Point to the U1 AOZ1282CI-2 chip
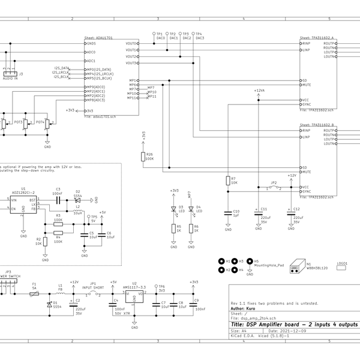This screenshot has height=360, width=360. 23,205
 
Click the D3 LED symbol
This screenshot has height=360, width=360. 173,209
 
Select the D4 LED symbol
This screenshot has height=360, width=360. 190,209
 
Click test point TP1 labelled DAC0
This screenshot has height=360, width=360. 155,35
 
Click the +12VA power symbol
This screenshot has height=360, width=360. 259,92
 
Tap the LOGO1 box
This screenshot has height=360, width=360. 342,268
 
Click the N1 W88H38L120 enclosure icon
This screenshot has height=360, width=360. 296,266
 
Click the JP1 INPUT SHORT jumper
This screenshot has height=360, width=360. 94,294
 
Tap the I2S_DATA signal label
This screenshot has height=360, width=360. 62,68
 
